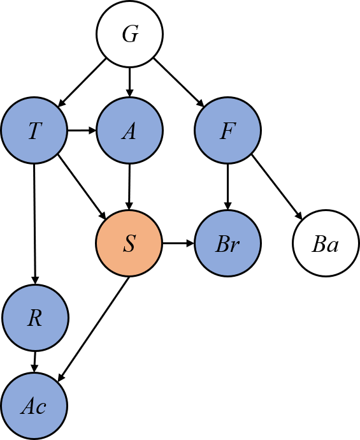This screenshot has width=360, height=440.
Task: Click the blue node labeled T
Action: click(x=34, y=131)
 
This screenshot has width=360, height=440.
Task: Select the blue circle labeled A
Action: click(x=129, y=131)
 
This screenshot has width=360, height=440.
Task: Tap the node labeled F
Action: click(x=227, y=131)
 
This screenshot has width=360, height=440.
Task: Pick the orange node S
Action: click(x=129, y=244)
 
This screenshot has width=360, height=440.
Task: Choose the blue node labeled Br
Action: click(x=227, y=244)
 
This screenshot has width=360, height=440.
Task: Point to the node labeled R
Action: click(x=35, y=318)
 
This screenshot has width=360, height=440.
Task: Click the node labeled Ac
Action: click(x=34, y=406)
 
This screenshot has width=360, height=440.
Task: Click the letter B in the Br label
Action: click(x=222, y=244)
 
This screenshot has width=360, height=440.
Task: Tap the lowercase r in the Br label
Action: click(x=235, y=246)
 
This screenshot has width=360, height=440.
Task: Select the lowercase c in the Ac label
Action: click(x=41, y=407)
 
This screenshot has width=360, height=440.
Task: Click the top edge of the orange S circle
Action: click(x=129, y=212)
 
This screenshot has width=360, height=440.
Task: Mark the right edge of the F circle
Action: click(x=259, y=131)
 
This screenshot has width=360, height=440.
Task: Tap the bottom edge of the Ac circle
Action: click(x=34, y=437)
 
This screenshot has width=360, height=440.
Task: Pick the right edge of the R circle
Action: click(x=67, y=318)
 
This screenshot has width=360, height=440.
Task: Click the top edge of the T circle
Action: click(x=34, y=99)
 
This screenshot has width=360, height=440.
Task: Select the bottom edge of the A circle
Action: click(x=129, y=162)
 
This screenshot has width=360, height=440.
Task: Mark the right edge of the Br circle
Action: click(x=259, y=244)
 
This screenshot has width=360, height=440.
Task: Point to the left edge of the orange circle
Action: click(x=97, y=244)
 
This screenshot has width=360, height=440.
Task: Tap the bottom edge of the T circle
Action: click(x=34, y=162)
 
